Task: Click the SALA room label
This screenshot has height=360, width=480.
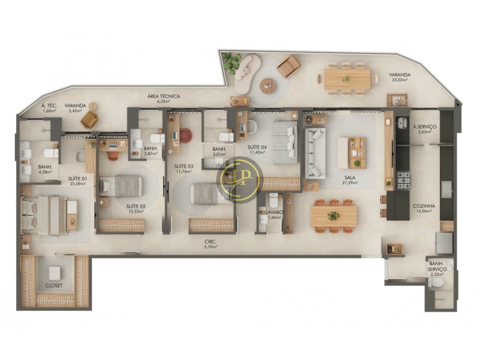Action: tap(350, 178)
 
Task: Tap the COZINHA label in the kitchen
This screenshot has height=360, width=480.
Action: tap(423, 206)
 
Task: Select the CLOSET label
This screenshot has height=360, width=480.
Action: tap(54, 286)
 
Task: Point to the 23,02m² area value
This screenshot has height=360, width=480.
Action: tap(399, 80)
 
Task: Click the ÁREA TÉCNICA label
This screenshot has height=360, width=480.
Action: tap(163, 96)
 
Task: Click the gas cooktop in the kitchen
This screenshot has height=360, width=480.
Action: tap(404, 181)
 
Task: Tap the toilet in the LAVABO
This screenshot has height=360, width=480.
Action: tap(273, 201)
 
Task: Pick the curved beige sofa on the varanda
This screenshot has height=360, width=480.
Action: tap(247, 74)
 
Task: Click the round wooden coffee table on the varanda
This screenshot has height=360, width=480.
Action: tap(268, 86)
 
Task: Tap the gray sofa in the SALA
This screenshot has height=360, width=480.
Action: tap(315, 153)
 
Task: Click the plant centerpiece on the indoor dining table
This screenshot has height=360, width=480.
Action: tap(333, 216)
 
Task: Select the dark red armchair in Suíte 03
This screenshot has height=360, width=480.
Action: tap(185, 136)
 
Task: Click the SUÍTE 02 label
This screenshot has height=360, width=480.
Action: tap(136, 206)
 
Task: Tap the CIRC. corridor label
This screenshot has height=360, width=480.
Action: tap(210, 242)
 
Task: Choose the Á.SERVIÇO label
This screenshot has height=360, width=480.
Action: tap(425, 127)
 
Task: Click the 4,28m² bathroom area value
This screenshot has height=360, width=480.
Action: tap(45, 172)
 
